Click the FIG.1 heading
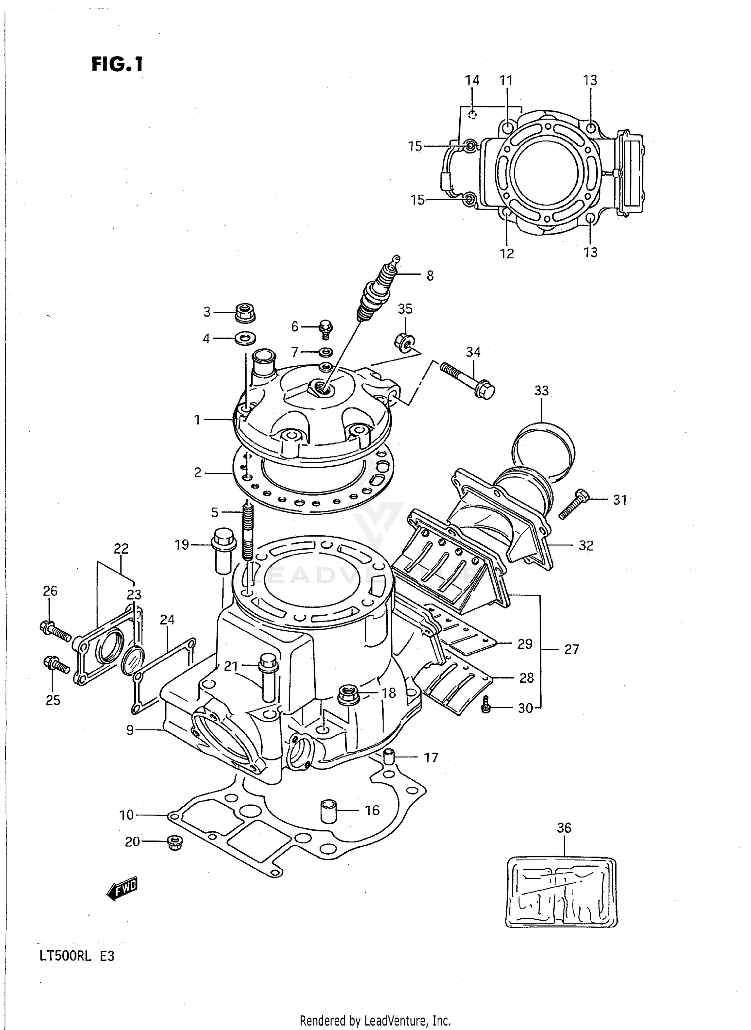[x=117, y=64]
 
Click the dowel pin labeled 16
[x=328, y=811]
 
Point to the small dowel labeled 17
[x=389, y=758]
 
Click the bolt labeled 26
[x=55, y=631]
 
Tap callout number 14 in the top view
[x=472, y=80]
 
